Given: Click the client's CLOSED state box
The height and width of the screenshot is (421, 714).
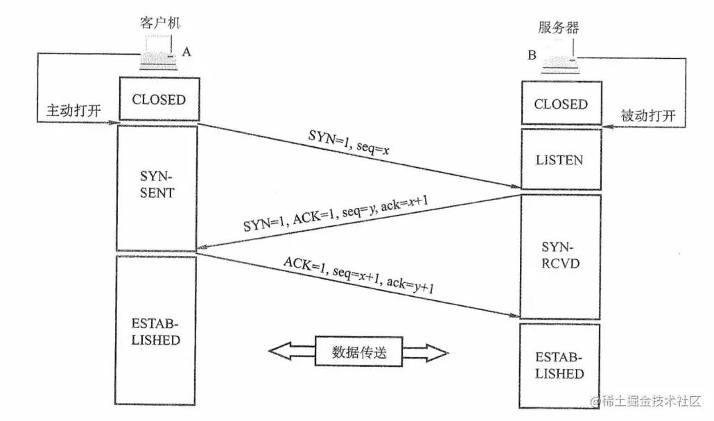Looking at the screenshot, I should [x=159, y=100].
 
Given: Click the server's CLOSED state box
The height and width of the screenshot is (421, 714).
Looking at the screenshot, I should [x=561, y=105].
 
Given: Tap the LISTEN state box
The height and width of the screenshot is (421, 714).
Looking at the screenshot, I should [x=560, y=160].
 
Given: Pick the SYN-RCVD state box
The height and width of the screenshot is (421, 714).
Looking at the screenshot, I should [x=560, y=257].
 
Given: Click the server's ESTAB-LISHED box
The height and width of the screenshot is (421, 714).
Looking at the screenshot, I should [x=560, y=366].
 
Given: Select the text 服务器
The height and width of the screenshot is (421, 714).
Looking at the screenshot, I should [x=558, y=28].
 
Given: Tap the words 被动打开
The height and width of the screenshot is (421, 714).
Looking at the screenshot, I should [x=647, y=115].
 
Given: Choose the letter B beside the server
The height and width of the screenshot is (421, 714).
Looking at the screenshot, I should [x=532, y=55].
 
